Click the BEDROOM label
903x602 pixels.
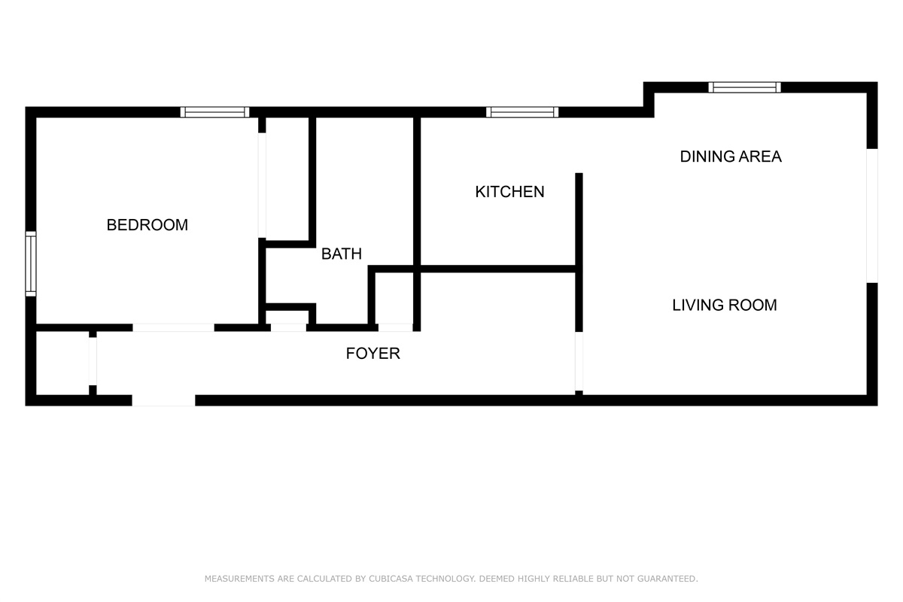(147, 225)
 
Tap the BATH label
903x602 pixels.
(341, 254)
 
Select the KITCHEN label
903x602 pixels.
(509, 192)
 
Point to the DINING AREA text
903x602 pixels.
(730, 157)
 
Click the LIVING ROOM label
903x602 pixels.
(724, 305)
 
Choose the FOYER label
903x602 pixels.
(372, 354)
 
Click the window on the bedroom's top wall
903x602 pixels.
(215, 112)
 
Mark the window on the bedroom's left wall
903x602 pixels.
(31, 263)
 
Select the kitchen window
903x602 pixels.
(521, 112)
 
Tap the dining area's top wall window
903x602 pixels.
(744, 87)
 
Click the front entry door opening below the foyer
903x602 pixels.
(163, 400)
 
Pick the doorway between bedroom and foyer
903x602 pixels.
(173, 327)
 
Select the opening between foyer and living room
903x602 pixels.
(579, 361)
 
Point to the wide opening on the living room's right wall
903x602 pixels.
(871, 215)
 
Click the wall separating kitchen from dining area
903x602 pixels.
(579, 218)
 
